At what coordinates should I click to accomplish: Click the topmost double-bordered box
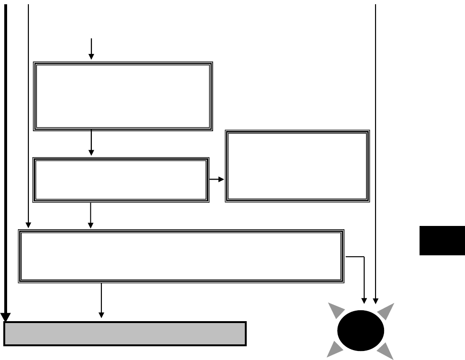coord(123,96)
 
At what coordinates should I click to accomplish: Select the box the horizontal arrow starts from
coord(121,180)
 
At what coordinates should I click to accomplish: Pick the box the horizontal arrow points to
coord(297,166)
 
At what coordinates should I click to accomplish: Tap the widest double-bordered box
coord(181,256)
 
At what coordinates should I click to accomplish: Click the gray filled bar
coord(125,333)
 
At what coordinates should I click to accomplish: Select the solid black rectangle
coord(442,241)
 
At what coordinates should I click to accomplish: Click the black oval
coord(360,331)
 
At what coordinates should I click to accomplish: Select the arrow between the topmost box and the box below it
coord(91,143)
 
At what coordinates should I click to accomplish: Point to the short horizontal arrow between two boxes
coord(217,180)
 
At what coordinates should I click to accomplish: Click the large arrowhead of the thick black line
coord(6,317)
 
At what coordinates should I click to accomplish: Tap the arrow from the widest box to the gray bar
coord(101,301)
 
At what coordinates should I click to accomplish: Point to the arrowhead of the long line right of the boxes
coord(376,300)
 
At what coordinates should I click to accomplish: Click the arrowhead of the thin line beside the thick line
coord(28,225)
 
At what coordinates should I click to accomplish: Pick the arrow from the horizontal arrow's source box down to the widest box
coord(90,216)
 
